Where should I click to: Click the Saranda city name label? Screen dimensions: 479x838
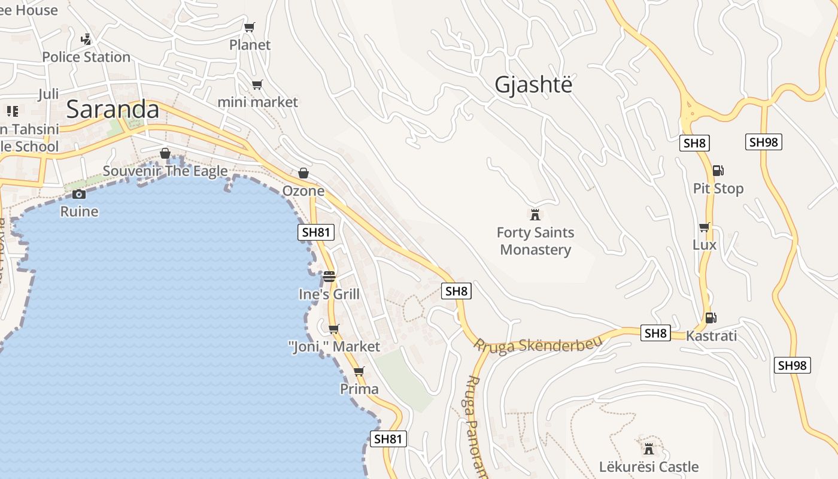pos(113,110)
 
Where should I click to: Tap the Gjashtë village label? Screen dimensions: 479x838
pos(533,85)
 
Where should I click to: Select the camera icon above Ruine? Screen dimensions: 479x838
pos(79,194)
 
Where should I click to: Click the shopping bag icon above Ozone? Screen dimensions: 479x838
pos(303,173)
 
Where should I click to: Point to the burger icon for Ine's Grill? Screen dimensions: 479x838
pos(329,277)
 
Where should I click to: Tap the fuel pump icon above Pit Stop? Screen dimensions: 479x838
pos(718,171)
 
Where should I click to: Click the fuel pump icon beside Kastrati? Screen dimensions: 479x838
pos(711,318)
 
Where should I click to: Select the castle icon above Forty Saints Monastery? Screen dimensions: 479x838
pos(535,214)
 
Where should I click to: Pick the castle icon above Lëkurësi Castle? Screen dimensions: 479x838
pos(648,448)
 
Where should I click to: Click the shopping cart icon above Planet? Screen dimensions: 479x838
pos(250,27)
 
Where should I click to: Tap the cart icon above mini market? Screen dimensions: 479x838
pos(257,84)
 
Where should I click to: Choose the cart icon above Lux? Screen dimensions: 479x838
pos(705,227)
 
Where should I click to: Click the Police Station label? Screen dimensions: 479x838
pos(86,57)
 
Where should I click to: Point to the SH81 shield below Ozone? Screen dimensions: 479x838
pos(316,232)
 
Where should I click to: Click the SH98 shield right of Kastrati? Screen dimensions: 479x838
pos(793,365)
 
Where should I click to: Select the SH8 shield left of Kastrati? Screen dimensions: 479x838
pos(655,333)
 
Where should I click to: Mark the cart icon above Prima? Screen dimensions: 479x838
pos(359,372)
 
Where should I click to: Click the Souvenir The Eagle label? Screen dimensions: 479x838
pos(165,171)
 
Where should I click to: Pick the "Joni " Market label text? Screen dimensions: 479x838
pos(334,347)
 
